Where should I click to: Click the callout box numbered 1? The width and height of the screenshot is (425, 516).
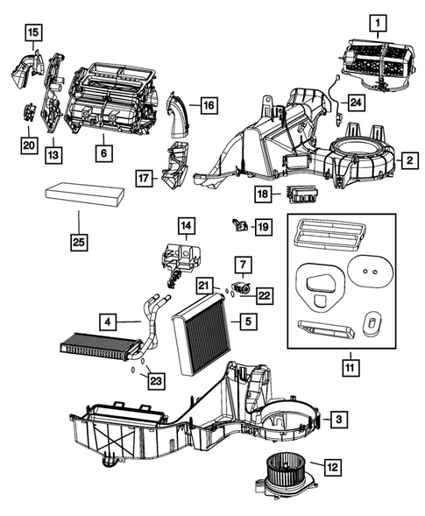378,23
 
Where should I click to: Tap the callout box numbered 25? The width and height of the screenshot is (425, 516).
79,242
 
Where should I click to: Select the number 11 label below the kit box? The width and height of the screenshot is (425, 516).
351,368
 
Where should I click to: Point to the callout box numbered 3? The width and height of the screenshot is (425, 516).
339,419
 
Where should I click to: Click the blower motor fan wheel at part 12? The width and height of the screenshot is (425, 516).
284,472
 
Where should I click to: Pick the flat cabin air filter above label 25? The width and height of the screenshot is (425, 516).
85,196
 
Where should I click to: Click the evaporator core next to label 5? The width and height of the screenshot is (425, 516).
202,334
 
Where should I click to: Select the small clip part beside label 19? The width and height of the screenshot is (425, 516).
240,225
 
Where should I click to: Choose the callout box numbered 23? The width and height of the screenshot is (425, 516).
156,381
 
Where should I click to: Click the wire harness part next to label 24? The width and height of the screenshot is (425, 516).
336,99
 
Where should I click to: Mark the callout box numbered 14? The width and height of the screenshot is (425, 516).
187,225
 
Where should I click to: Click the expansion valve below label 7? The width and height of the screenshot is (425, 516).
242,287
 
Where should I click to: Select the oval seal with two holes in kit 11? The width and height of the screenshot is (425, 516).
370,272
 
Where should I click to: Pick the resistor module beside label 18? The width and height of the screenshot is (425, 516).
301,194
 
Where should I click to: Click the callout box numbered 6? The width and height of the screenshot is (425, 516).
103,153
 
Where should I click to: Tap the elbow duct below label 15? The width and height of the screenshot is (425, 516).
27,70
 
